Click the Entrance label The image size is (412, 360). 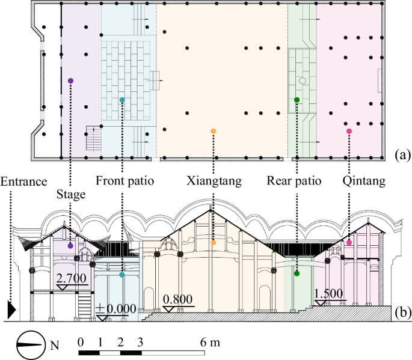(x=24, y=181)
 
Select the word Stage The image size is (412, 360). (x=71, y=194)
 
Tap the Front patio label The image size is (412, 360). (x=125, y=181)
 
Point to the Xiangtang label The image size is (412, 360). (x=214, y=181)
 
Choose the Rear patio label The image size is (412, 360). (x=295, y=181)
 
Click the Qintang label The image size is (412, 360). (x=363, y=181)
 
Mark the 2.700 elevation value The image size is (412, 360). (x=72, y=278)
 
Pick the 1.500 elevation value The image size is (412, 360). (x=328, y=293)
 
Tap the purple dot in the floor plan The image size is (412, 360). (x=71, y=81)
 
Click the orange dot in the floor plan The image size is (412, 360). (x=214, y=130)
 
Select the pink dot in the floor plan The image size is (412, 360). (x=349, y=131)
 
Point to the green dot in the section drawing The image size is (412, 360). (x=297, y=274)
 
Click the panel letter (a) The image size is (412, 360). (x=401, y=155)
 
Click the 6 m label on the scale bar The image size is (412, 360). (x=211, y=343)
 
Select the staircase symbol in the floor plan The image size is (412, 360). (x=95, y=138)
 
